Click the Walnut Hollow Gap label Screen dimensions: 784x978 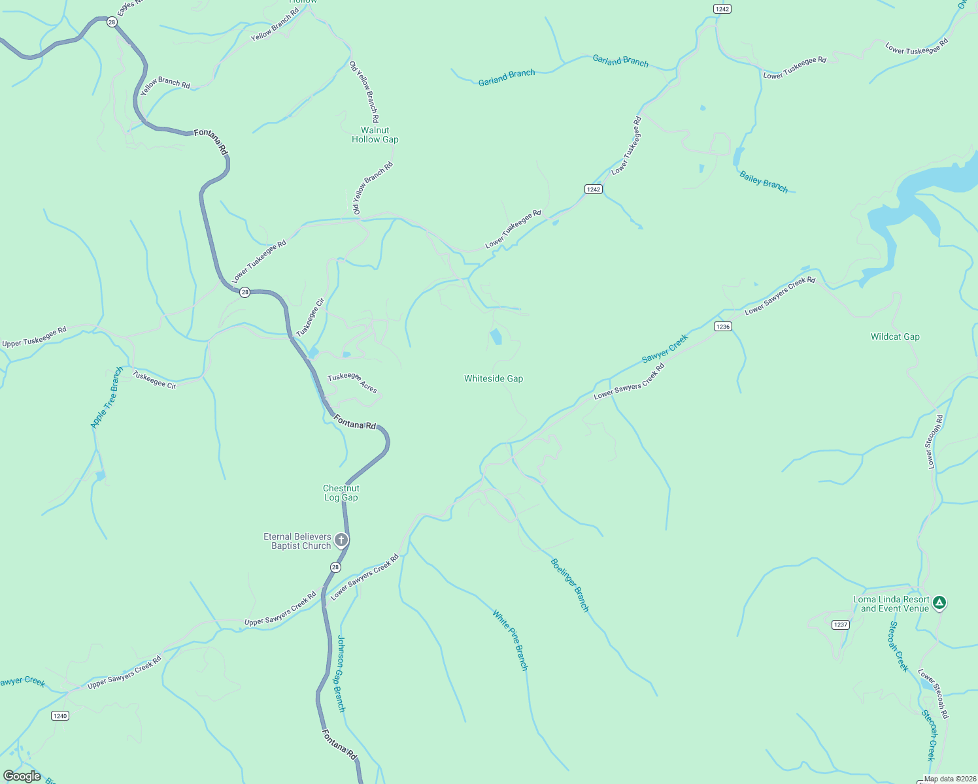click(x=375, y=135)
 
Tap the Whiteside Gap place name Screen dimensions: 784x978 click(x=494, y=378)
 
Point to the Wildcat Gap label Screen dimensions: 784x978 click(x=895, y=337)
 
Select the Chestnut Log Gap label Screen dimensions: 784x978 click(x=341, y=493)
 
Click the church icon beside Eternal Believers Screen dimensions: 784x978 click(x=341, y=540)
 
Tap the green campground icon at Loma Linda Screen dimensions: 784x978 click(x=939, y=602)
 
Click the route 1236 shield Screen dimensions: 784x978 click(x=722, y=327)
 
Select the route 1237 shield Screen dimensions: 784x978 click(x=841, y=625)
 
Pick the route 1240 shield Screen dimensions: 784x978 click(x=60, y=716)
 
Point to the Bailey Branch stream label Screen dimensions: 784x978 click(x=764, y=181)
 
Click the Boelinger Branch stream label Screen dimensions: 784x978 click(x=570, y=585)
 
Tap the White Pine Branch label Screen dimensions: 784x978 click(x=511, y=640)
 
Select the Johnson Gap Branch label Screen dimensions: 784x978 click(x=341, y=674)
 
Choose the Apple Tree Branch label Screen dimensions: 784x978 click(x=107, y=397)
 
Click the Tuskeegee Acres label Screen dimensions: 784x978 click(x=352, y=382)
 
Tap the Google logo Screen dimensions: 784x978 click(x=22, y=776)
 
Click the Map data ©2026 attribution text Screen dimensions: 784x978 click(x=949, y=779)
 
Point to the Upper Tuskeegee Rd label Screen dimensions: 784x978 click(x=35, y=337)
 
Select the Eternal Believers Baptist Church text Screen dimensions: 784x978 click(x=298, y=541)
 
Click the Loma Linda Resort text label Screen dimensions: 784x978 click(x=891, y=604)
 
